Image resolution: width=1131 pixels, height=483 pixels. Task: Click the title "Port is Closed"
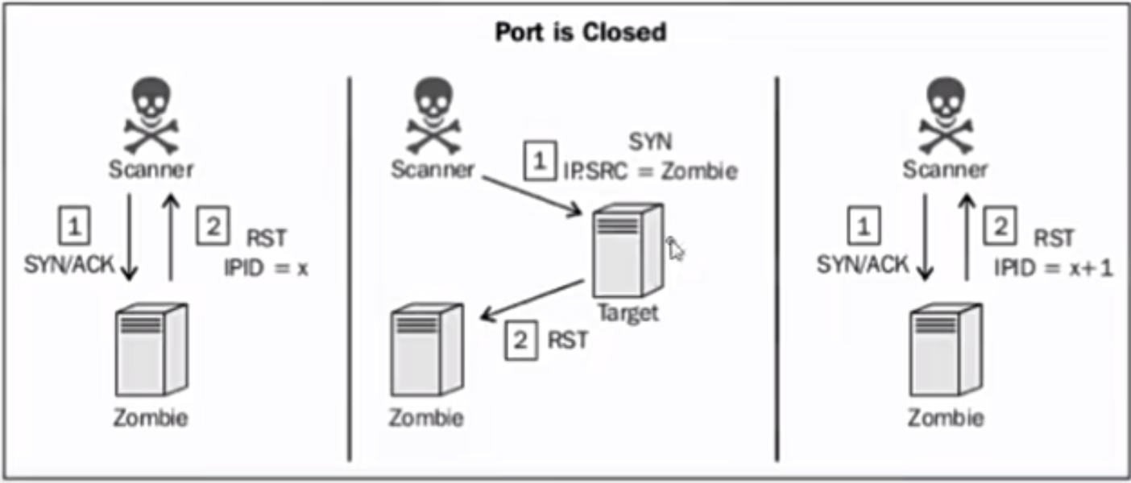580,33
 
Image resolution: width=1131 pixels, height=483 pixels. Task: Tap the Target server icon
628,251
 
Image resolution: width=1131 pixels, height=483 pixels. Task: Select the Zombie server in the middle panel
426,350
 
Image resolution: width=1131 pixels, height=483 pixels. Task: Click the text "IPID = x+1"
1053,268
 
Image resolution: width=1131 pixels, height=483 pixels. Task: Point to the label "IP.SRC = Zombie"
650,171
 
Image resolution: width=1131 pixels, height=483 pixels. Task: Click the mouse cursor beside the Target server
676,250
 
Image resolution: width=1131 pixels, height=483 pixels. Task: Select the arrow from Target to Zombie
531,299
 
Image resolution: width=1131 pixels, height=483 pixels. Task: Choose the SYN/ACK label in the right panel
862,264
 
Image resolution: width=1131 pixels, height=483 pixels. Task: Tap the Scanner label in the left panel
151,170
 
